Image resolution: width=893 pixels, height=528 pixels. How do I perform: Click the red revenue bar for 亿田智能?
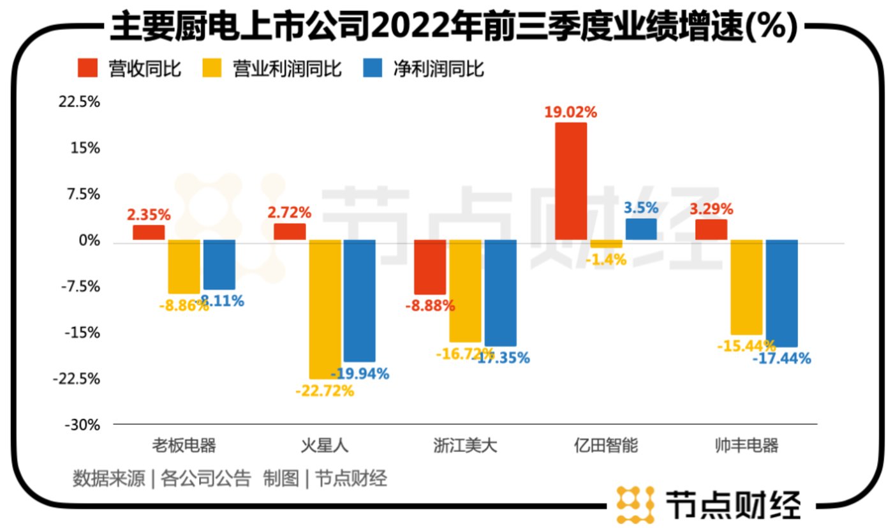click(571, 181)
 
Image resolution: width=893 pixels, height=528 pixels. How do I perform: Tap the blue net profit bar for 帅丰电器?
click(781, 293)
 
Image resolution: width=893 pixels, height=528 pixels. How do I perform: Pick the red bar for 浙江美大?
click(430, 267)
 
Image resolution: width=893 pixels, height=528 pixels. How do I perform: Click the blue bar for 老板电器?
click(219, 264)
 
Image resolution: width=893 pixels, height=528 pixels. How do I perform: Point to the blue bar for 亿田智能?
click(641, 229)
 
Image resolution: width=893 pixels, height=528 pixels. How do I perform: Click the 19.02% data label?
click(570, 112)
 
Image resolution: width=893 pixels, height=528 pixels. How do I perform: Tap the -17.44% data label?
click(781, 359)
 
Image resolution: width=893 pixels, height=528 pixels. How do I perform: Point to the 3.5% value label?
click(640, 209)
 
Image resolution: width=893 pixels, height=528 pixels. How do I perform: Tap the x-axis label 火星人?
click(325, 446)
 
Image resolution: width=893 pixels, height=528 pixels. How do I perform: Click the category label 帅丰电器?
click(747, 446)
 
